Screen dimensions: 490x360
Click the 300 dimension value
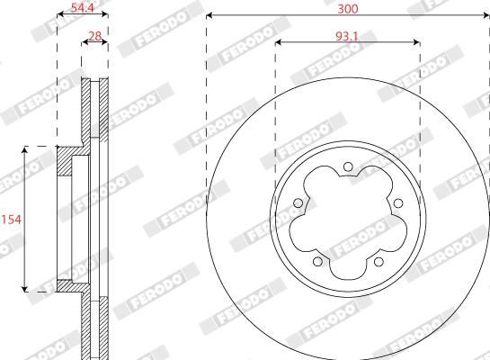point(348,9)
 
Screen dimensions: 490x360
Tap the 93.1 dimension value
point(347,37)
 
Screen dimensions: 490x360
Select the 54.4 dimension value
point(83,8)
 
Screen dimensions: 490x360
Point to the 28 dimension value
point(94,36)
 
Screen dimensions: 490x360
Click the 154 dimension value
point(12,220)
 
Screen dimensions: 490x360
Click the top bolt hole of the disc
point(348,166)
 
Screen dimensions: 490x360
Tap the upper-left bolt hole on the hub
point(298,203)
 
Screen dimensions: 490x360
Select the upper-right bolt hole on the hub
point(397,203)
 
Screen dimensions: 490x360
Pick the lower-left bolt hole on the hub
point(317,261)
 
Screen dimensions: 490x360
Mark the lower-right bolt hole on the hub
point(379,261)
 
